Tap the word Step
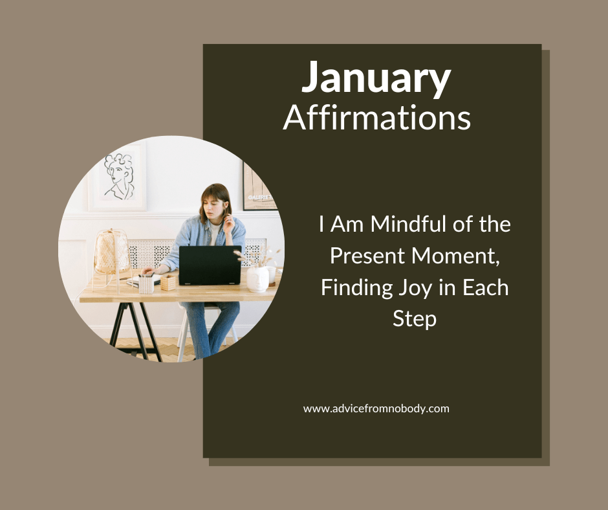tap(415, 318)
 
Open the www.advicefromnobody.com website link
tap(376, 408)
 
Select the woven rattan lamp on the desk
tap(111, 252)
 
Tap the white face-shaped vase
tap(258, 278)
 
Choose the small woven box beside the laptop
tap(168, 282)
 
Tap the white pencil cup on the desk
tap(147, 284)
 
